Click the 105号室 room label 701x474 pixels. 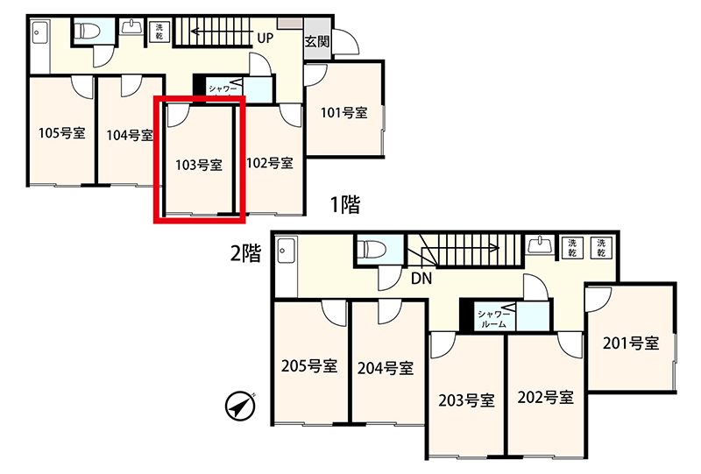tap(61, 133)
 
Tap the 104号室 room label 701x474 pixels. tap(130, 135)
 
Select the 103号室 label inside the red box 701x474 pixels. tap(199, 165)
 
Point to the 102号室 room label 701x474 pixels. tap(270, 163)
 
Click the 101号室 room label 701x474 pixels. tap(343, 112)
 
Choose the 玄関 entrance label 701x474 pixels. tap(317, 41)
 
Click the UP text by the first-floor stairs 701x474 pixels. tap(266, 39)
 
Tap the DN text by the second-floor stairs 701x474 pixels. tap(421, 279)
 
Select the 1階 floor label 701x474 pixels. tap(345, 204)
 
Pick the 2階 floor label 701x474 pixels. tap(245, 253)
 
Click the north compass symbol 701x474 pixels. tap(240, 407)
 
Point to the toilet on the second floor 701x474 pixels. tap(376, 249)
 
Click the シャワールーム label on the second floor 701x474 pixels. tap(493, 319)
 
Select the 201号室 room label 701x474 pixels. tap(631, 343)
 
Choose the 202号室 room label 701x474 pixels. tap(545, 397)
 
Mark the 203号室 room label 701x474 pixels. tap(466, 400)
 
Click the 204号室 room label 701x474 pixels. tap(386, 369)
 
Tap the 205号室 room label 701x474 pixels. tap(309, 366)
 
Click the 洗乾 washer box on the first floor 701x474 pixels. tap(159, 32)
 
